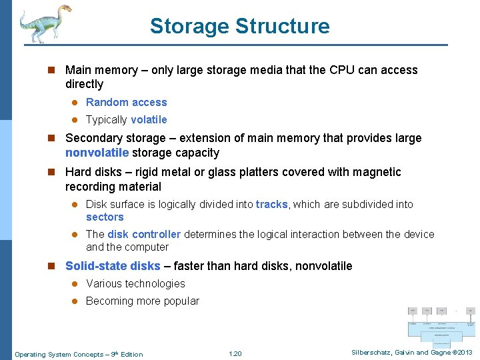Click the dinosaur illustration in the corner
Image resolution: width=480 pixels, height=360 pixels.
pyautogui.click(x=43, y=23)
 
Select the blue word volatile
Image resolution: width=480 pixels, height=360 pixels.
pyautogui.click(x=149, y=120)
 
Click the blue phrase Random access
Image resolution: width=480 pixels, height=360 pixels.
pyautogui.click(x=127, y=103)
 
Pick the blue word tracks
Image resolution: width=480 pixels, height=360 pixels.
pyautogui.click(x=271, y=205)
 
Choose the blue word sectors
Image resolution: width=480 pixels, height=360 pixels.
pyautogui.click(x=105, y=217)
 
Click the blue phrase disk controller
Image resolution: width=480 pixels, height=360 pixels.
pyautogui.click(x=144, y=235)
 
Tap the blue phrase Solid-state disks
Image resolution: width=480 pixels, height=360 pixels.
pyautogui.click(x=113, y=266)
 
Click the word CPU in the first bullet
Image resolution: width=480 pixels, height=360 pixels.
pyautogui.click(x=343, y=70)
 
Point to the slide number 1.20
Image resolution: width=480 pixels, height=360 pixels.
pyautogui.click(x=235, y=354)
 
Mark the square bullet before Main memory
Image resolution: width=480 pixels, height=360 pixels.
pyautogui.click(x=52, y=70)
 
